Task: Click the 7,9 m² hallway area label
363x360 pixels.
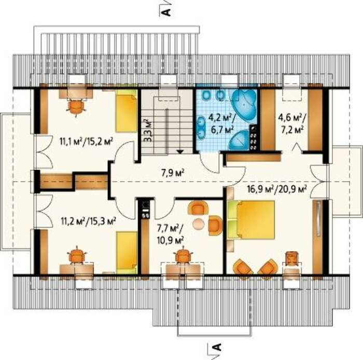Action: point(173,173)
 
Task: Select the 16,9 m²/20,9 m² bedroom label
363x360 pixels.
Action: point(277,189)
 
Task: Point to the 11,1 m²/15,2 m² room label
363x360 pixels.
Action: point(86,141)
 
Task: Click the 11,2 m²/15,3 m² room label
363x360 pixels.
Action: point(89,221)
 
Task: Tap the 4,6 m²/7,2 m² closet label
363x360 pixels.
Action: point(292,124)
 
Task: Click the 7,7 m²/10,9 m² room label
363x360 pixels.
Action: point(171,234)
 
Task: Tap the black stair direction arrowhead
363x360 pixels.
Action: point(180,151)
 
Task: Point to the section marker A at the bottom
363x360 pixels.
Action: point(217,347)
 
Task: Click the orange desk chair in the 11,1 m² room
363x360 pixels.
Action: point(76,106)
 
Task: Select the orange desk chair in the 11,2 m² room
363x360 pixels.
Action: point(76,255)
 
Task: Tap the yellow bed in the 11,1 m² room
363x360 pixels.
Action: point(127,111)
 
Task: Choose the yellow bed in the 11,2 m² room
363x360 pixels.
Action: point(127,253)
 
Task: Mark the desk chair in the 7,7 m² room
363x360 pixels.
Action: point(183,255)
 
